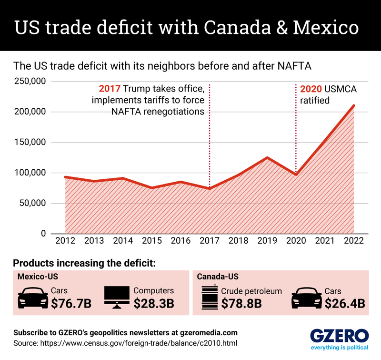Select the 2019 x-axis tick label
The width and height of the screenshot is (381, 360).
[267, 241]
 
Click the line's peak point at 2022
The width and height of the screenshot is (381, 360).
[353, 105]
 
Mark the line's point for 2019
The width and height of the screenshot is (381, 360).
[267, 157]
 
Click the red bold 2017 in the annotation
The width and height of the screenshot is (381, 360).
[109, 89]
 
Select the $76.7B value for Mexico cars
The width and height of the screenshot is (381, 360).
[71, 303]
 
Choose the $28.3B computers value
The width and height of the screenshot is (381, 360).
[153, 303]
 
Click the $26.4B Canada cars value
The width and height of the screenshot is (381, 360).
[345, 303]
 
